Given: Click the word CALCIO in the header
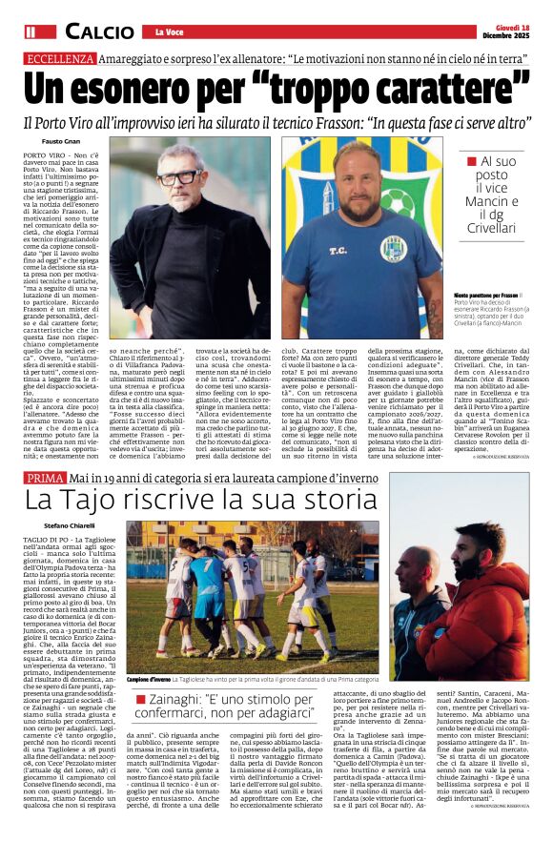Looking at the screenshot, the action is pos(99,31).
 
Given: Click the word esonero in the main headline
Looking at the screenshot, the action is pos(166,92).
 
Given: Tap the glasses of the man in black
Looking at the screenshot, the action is pos(177,176).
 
